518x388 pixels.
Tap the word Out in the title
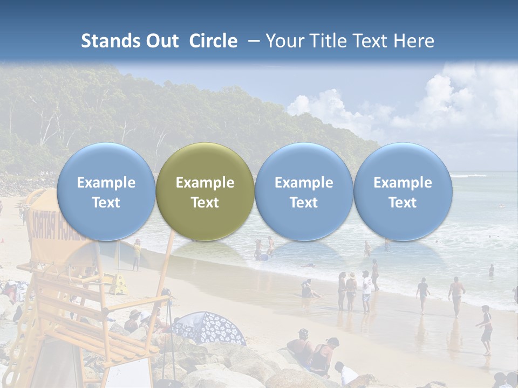tap(160, 41)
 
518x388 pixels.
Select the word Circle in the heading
tap(213, 41)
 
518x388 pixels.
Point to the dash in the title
tap(251, 41)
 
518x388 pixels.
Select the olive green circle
tap(205, 191)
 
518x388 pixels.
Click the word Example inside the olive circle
tap(205, 183)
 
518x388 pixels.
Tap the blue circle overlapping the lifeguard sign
tap(106, 191)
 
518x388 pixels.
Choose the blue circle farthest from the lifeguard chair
tap(403, 191)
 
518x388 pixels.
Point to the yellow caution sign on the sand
tap(119, 284)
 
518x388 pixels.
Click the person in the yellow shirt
tap(137, 254)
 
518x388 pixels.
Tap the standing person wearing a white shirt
tap(366, 292)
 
